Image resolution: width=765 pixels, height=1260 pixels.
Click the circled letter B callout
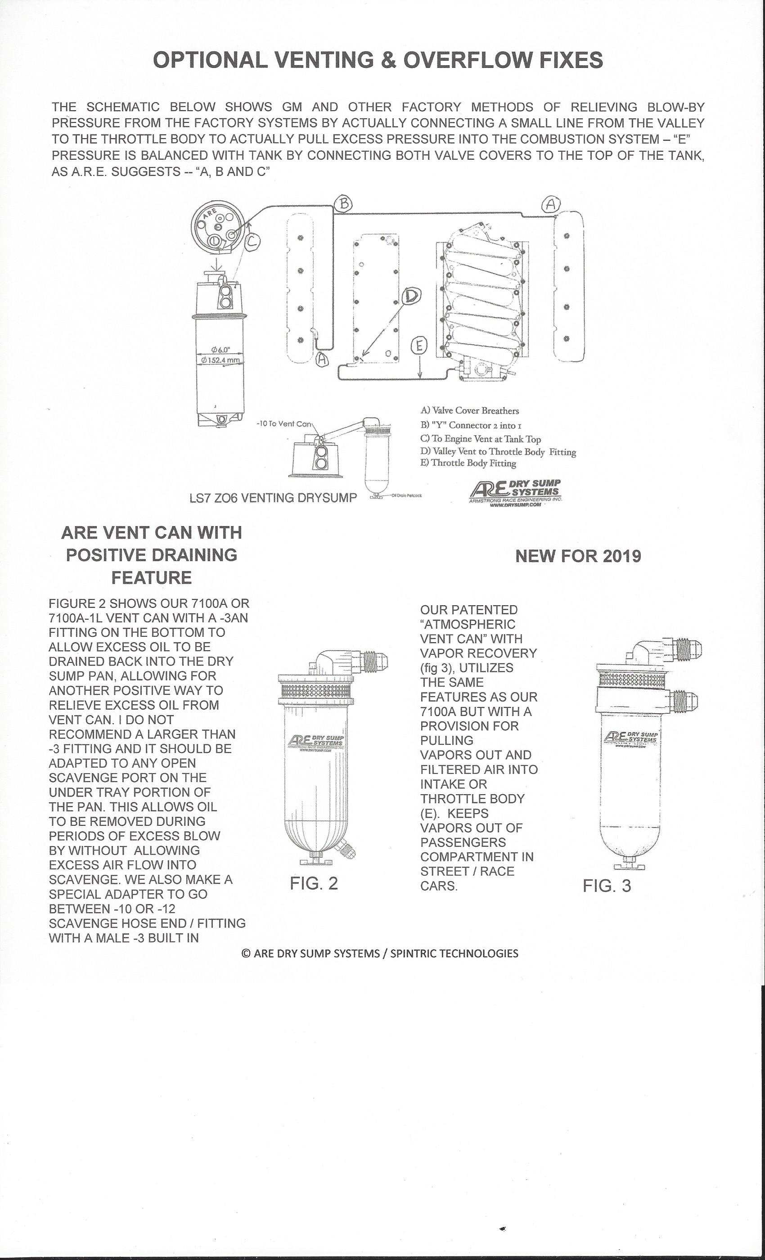(x=344, y=203)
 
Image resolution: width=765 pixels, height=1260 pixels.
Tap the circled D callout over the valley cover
(x=411, y=296)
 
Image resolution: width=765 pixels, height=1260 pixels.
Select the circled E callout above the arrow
(x=419, y=346)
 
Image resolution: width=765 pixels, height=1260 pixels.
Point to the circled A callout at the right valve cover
(x=551, y=204)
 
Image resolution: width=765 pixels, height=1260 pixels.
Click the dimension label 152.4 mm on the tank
(x=220, y=360)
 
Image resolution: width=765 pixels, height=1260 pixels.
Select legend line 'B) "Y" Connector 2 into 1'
(x=471, y=425)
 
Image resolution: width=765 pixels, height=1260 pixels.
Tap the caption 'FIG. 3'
(x=607, y=886)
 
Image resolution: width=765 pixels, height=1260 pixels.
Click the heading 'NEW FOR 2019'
(x=578, y=556)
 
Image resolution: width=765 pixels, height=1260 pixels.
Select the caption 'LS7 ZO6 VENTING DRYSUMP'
(x=273, y=498)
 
